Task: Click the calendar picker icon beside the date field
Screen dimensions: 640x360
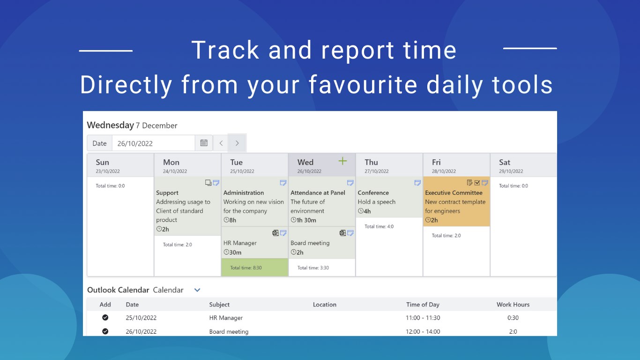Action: coord(204,143)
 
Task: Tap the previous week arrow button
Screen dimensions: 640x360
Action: coord(221,143)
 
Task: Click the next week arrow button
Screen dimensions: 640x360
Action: coord(237,143)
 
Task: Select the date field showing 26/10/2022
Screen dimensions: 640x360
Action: coord(153,143)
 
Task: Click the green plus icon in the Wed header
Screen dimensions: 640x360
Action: coord(342,161)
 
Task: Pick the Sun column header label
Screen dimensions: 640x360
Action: coord(102,162)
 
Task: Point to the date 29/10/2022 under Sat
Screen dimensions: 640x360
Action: coord(511,171)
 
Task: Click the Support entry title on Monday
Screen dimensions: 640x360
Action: coord(167,193)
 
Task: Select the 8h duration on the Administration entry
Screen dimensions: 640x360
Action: coord(230,220)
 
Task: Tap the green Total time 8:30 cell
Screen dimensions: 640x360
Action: coord(254,268)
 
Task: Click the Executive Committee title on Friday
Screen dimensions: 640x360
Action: coord(454,193)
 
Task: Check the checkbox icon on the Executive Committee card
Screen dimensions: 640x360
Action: coord(477,183)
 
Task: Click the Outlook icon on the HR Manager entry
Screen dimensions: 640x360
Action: coord(275,233)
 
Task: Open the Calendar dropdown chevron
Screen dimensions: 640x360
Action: coord(197,290)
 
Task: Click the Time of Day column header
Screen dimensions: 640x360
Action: coord(423,305)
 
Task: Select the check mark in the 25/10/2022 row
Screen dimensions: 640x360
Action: coord(105,317)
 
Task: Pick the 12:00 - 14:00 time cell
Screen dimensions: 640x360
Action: coord(423,332)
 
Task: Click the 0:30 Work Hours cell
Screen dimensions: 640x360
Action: coord(513,318)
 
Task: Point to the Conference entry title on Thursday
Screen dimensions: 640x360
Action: coord(373,193)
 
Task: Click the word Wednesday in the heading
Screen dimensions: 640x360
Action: coord(110,125)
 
